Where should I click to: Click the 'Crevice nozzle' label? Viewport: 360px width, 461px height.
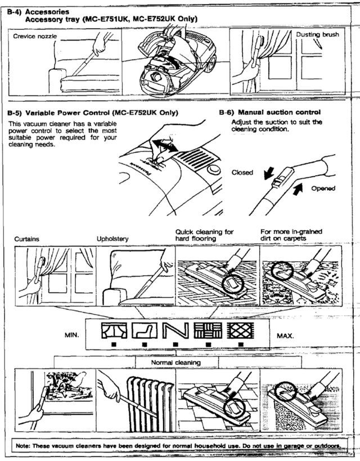tap(35, 35)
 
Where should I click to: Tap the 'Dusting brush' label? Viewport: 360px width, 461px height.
tap(317, 34)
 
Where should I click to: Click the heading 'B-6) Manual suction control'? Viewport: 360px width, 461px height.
tap(269, 112)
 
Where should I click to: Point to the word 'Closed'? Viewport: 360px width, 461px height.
tap(242, 173)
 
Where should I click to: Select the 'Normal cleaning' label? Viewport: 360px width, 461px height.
tap(179, 363)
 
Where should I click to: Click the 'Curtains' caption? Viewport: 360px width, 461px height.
tap(26, 239)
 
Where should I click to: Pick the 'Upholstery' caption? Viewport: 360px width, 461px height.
tap(112, 239)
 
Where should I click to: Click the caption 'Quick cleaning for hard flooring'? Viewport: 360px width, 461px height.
tap(204, 235)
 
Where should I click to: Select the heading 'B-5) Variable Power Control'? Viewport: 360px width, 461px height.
tap(93, 113)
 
